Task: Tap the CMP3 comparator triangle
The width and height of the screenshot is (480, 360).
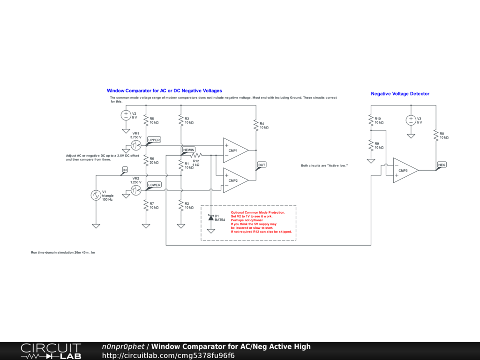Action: pos(405,170)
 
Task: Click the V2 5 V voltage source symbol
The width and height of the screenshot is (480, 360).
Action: pos(126,115)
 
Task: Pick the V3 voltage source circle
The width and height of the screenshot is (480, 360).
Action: pos(411,120)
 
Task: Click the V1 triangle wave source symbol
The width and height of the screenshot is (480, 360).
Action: pos(96,195)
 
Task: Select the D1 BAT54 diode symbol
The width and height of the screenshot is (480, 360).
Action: pos(210,218)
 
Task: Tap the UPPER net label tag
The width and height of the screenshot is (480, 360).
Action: pos(154,140)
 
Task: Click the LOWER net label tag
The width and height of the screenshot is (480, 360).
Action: pos(154,185)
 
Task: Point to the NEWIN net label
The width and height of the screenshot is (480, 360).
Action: pos(188,150)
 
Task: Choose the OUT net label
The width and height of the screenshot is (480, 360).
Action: pos(262,165)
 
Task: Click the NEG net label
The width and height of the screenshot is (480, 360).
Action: pos(442,165)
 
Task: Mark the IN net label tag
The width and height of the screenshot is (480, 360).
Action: pos(125,169)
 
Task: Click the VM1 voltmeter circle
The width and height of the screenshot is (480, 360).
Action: pos(135,146)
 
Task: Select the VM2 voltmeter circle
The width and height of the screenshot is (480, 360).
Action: pos(135,190)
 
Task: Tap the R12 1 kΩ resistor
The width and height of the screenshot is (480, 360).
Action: pos(195,155)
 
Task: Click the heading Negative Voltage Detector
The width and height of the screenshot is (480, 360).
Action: pos(400,94)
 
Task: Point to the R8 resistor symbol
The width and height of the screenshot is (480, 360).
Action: pos(436,135)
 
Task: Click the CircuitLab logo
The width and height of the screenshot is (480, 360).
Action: pos(51,351)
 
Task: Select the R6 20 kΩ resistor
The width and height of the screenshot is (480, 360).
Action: pos(146,161)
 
